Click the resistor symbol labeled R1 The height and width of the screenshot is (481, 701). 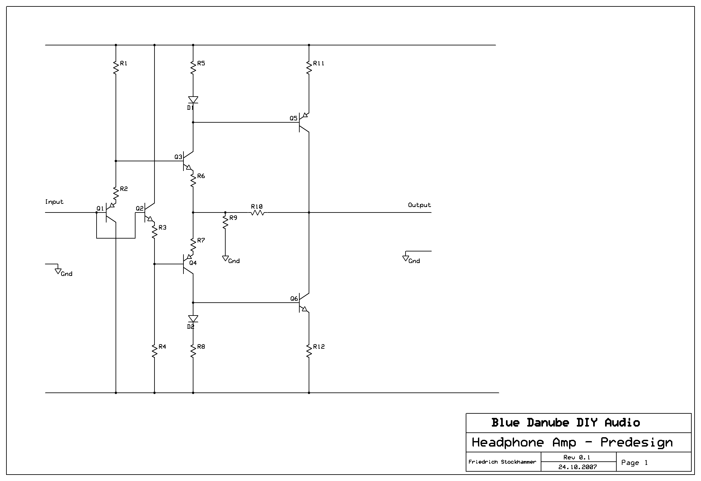tap(116, 68)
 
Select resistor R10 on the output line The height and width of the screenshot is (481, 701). tap(257, 212)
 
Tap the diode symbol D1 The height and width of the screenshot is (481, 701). tap(193, 100)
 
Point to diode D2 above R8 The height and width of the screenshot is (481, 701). tap(193, 319)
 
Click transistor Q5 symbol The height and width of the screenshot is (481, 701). tap(303, 122)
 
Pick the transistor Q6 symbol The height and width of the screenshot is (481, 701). tap(303, 303)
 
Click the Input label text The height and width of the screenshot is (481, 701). tap(54, 202)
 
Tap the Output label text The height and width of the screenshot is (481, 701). tap(419, 205)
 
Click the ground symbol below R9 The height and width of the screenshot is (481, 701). tap(225, 259)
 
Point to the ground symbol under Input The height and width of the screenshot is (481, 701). tap(58, 271)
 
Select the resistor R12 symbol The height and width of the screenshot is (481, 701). tap(309, 351)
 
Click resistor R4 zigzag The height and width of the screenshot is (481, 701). tap(154, 351)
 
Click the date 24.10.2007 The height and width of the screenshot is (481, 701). tap(578, 467)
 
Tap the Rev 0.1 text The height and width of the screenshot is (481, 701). tap(577, 457)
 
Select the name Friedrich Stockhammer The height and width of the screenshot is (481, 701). tap(502, 462)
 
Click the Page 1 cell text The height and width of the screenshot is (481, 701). tap(634, 463)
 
